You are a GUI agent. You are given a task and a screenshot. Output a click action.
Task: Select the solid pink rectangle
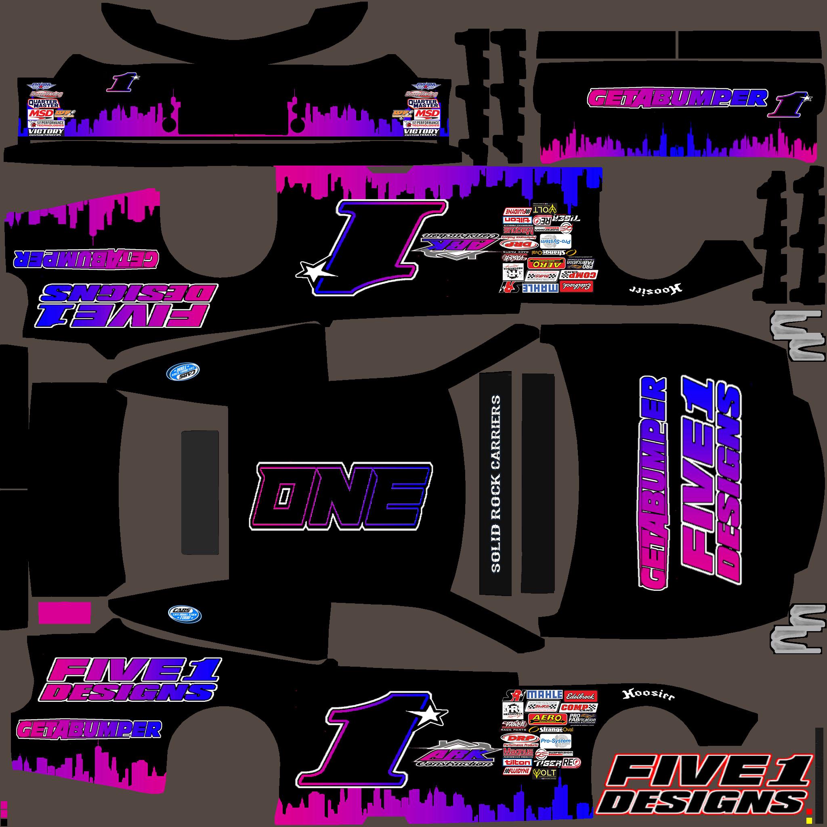pos(65,613)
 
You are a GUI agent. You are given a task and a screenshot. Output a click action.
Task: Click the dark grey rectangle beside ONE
pos(200,492)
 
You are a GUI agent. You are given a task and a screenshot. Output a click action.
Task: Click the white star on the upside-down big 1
pos(309,271)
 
